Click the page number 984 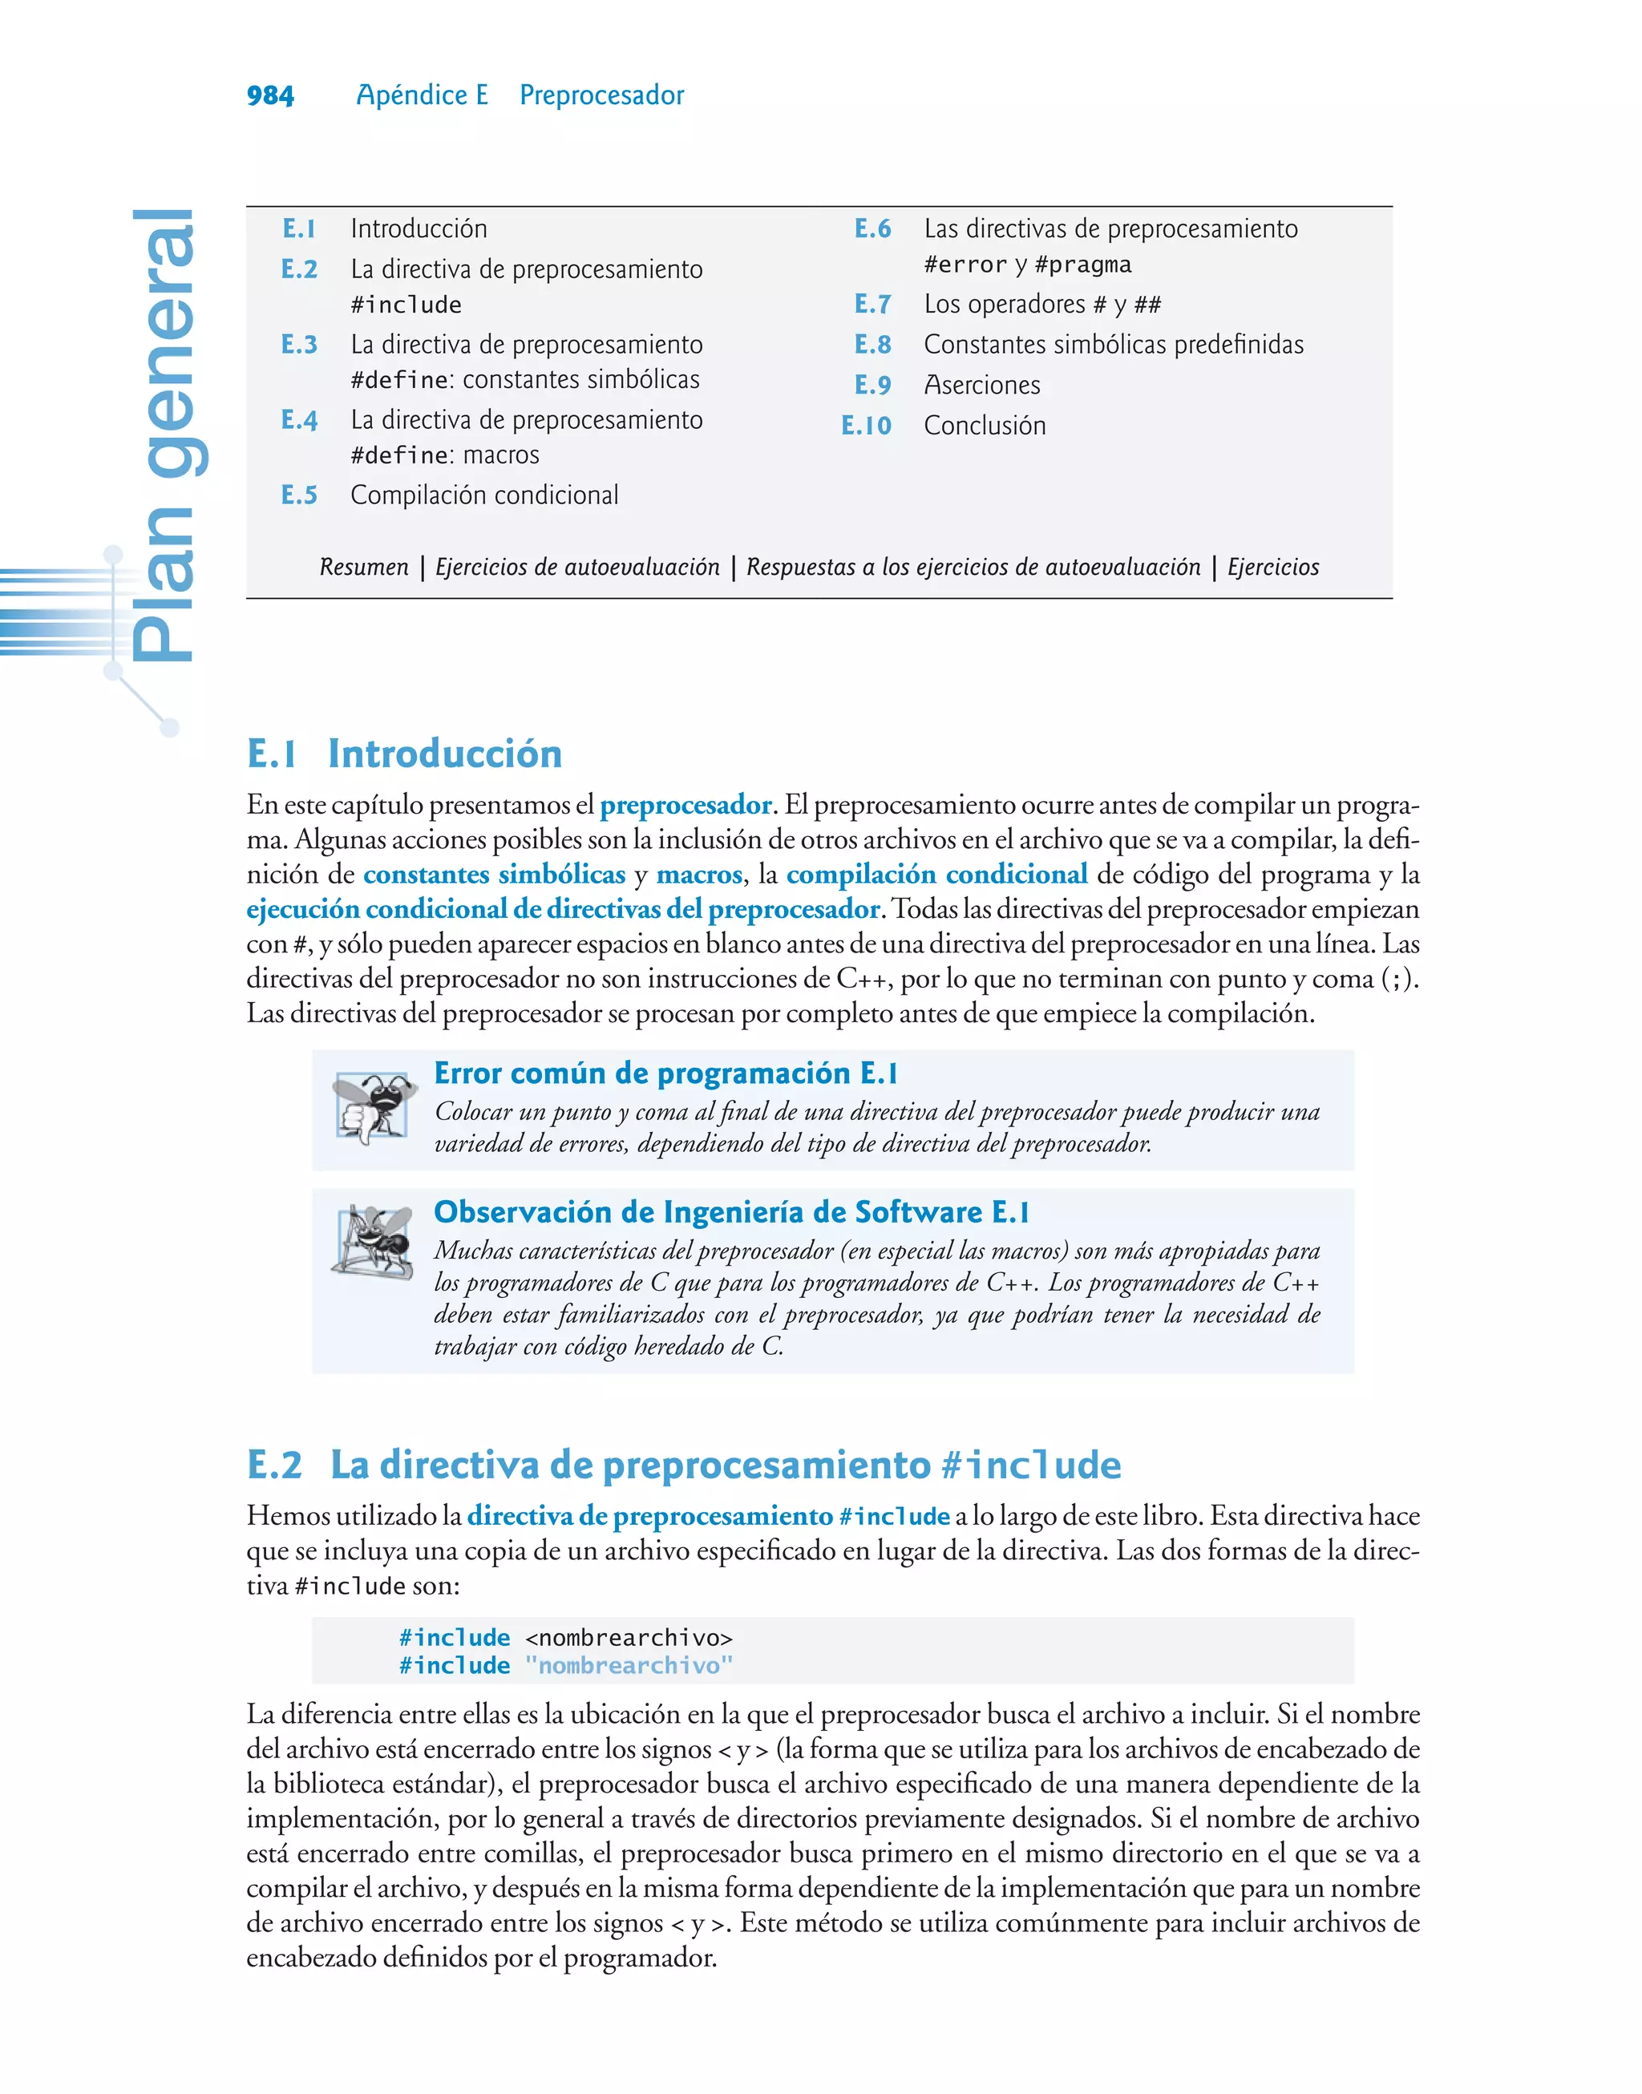270,95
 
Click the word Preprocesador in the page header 602,95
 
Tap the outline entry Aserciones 981,386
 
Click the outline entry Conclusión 985,426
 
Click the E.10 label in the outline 866,426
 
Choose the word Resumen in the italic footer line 364,567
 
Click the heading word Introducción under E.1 444,754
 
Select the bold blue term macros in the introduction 699,875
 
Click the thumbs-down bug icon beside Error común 373,1107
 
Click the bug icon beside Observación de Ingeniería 373,1242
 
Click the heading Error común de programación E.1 665,1073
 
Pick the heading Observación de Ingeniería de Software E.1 730,1212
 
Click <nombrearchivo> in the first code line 629,1638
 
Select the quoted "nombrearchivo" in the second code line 629,1665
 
